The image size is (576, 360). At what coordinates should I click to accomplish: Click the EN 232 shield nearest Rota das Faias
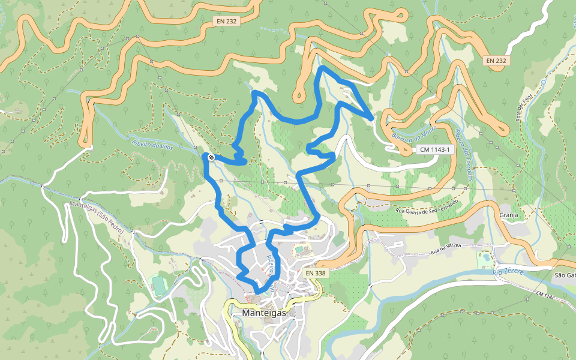click(496, 61)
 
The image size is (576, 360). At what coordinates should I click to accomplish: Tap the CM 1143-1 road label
click(434, 149)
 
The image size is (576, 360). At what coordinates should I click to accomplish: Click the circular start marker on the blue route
click(211, 158)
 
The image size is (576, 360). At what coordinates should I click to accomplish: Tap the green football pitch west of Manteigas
click(158, 284)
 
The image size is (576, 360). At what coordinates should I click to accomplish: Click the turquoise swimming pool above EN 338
click(299, 249)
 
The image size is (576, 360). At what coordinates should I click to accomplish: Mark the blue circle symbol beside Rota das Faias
click(543, 82)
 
